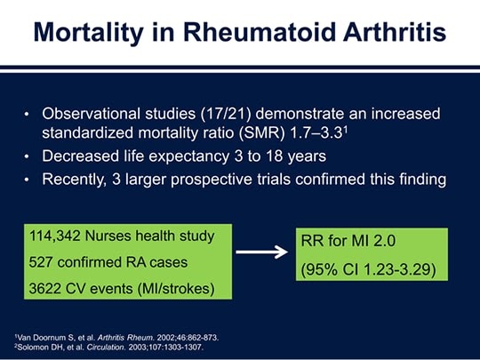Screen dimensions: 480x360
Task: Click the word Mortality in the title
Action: (x=89, y=33)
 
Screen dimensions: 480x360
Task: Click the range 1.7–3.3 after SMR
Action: (x=316, y=133)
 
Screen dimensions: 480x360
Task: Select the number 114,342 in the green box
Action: (x=55, y=236)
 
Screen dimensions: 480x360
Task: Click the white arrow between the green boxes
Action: (x=261, y=252)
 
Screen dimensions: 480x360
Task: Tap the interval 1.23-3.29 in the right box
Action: (x=397, y=269)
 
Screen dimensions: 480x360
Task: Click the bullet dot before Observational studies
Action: (x=27, y=115)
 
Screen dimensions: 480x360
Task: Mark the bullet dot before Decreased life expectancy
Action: (x=27, y=156)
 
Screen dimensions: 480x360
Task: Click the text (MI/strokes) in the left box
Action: (x=176, y=289)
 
